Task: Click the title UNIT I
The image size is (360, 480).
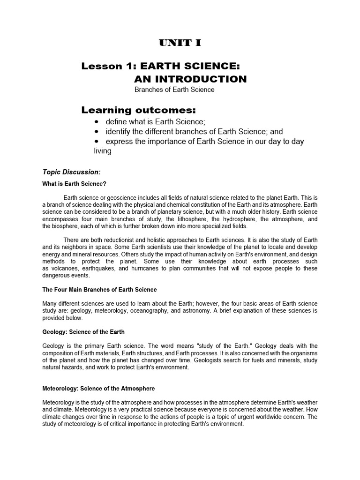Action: pos(180,43)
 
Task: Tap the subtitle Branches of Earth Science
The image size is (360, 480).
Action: pos(174,90)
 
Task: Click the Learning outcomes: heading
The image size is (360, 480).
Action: pos(138,110)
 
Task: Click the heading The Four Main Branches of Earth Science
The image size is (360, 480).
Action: pos(99,290)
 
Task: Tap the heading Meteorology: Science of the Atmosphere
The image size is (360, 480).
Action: pos(98,389)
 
